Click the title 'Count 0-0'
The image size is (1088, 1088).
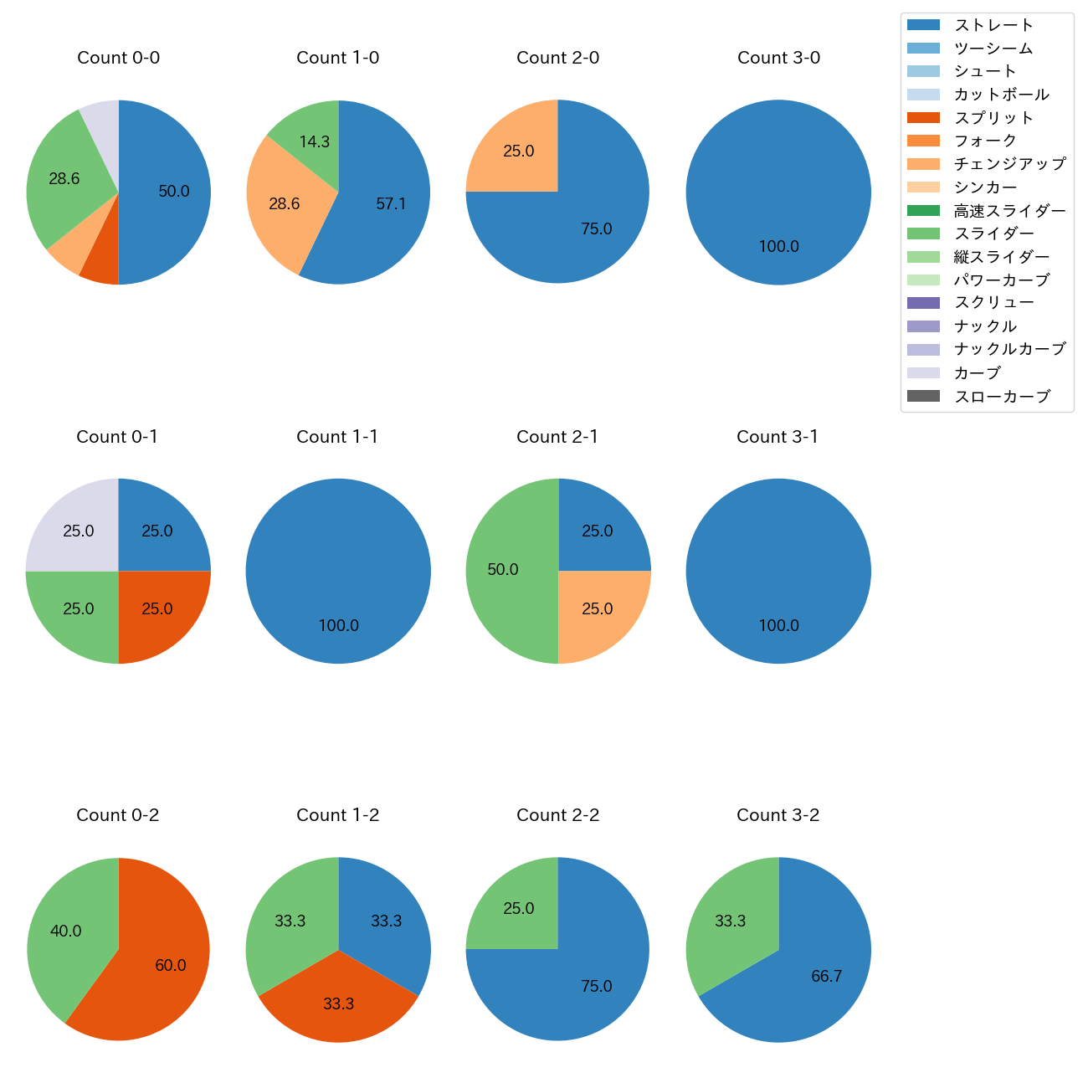(x=118, y=58)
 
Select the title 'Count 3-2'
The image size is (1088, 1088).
(x=778, y=815)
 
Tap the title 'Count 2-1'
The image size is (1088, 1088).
(x=557, y=437)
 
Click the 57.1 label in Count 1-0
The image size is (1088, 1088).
(x=391, y=204)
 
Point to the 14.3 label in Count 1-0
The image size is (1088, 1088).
(x=315, y=141)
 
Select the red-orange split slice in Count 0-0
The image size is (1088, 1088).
(x=101, y=267)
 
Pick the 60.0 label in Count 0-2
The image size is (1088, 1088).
(x=171, y=965)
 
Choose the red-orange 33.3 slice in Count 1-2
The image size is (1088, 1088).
(x=339, y=1003)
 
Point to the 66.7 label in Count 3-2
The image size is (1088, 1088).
(x=826, y=976)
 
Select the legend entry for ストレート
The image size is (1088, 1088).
(x=993, y=25)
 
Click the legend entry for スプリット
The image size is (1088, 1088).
(x=993, y=118)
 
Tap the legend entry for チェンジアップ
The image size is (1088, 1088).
(x=1009, y=164)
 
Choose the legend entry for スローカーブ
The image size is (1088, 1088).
(x=1001, y=397)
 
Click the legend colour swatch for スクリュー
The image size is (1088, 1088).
(x=923, y=303)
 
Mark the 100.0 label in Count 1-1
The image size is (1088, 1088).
(x=339, y=625)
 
